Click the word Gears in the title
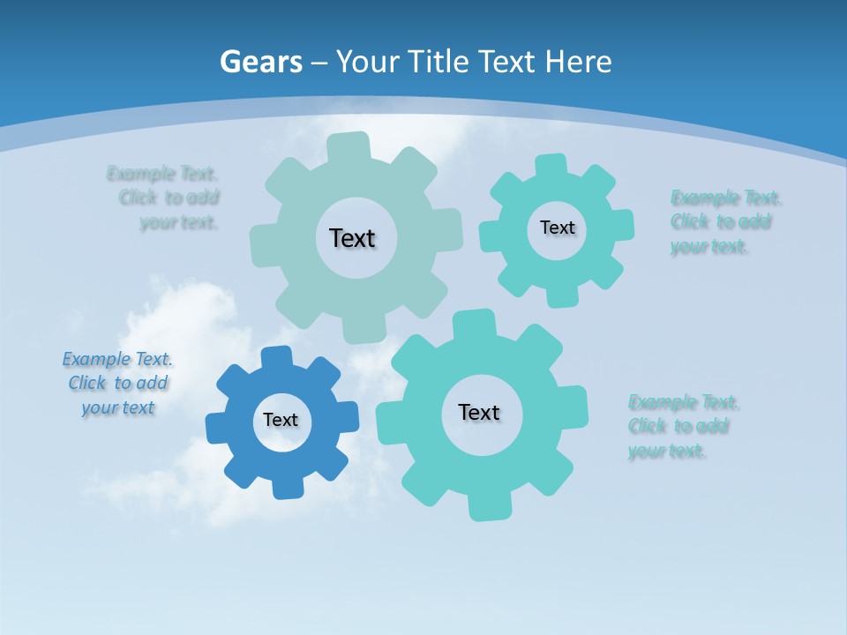(x=260, y=63)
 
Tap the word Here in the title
(x=577, y=63)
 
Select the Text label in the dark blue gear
(x=281, y=420)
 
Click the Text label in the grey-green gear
(x=352, y=238)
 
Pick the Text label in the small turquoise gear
(x=557, y=228)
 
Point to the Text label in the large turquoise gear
(x=479, y=412)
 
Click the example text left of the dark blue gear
(x=118, y=384)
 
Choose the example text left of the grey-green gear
(x=169, y=198)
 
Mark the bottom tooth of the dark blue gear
(x=286, y=486)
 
